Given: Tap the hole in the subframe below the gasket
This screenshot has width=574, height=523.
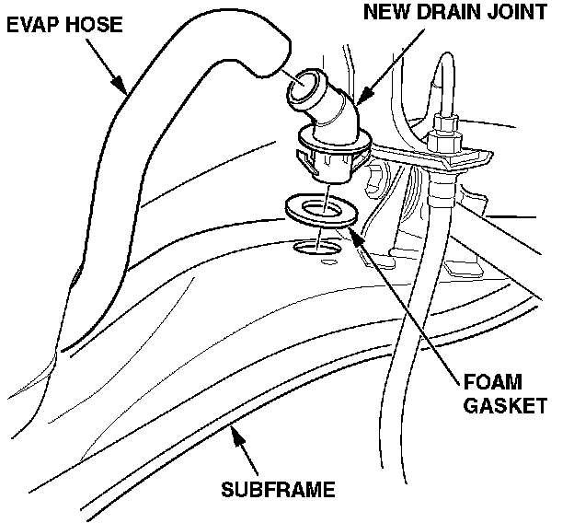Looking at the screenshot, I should (315, 247).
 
